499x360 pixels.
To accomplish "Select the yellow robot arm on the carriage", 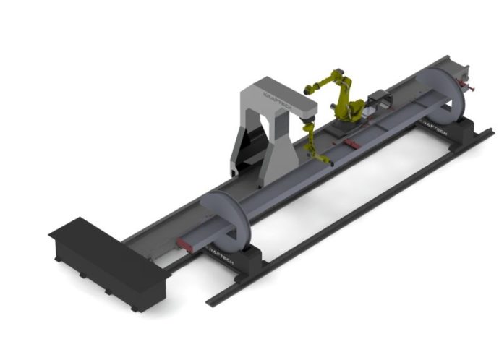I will [x=344, y=98].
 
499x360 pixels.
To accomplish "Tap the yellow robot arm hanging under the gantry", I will [x=313, y=142].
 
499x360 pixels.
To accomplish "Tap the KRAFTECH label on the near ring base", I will [x=221, y=250].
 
